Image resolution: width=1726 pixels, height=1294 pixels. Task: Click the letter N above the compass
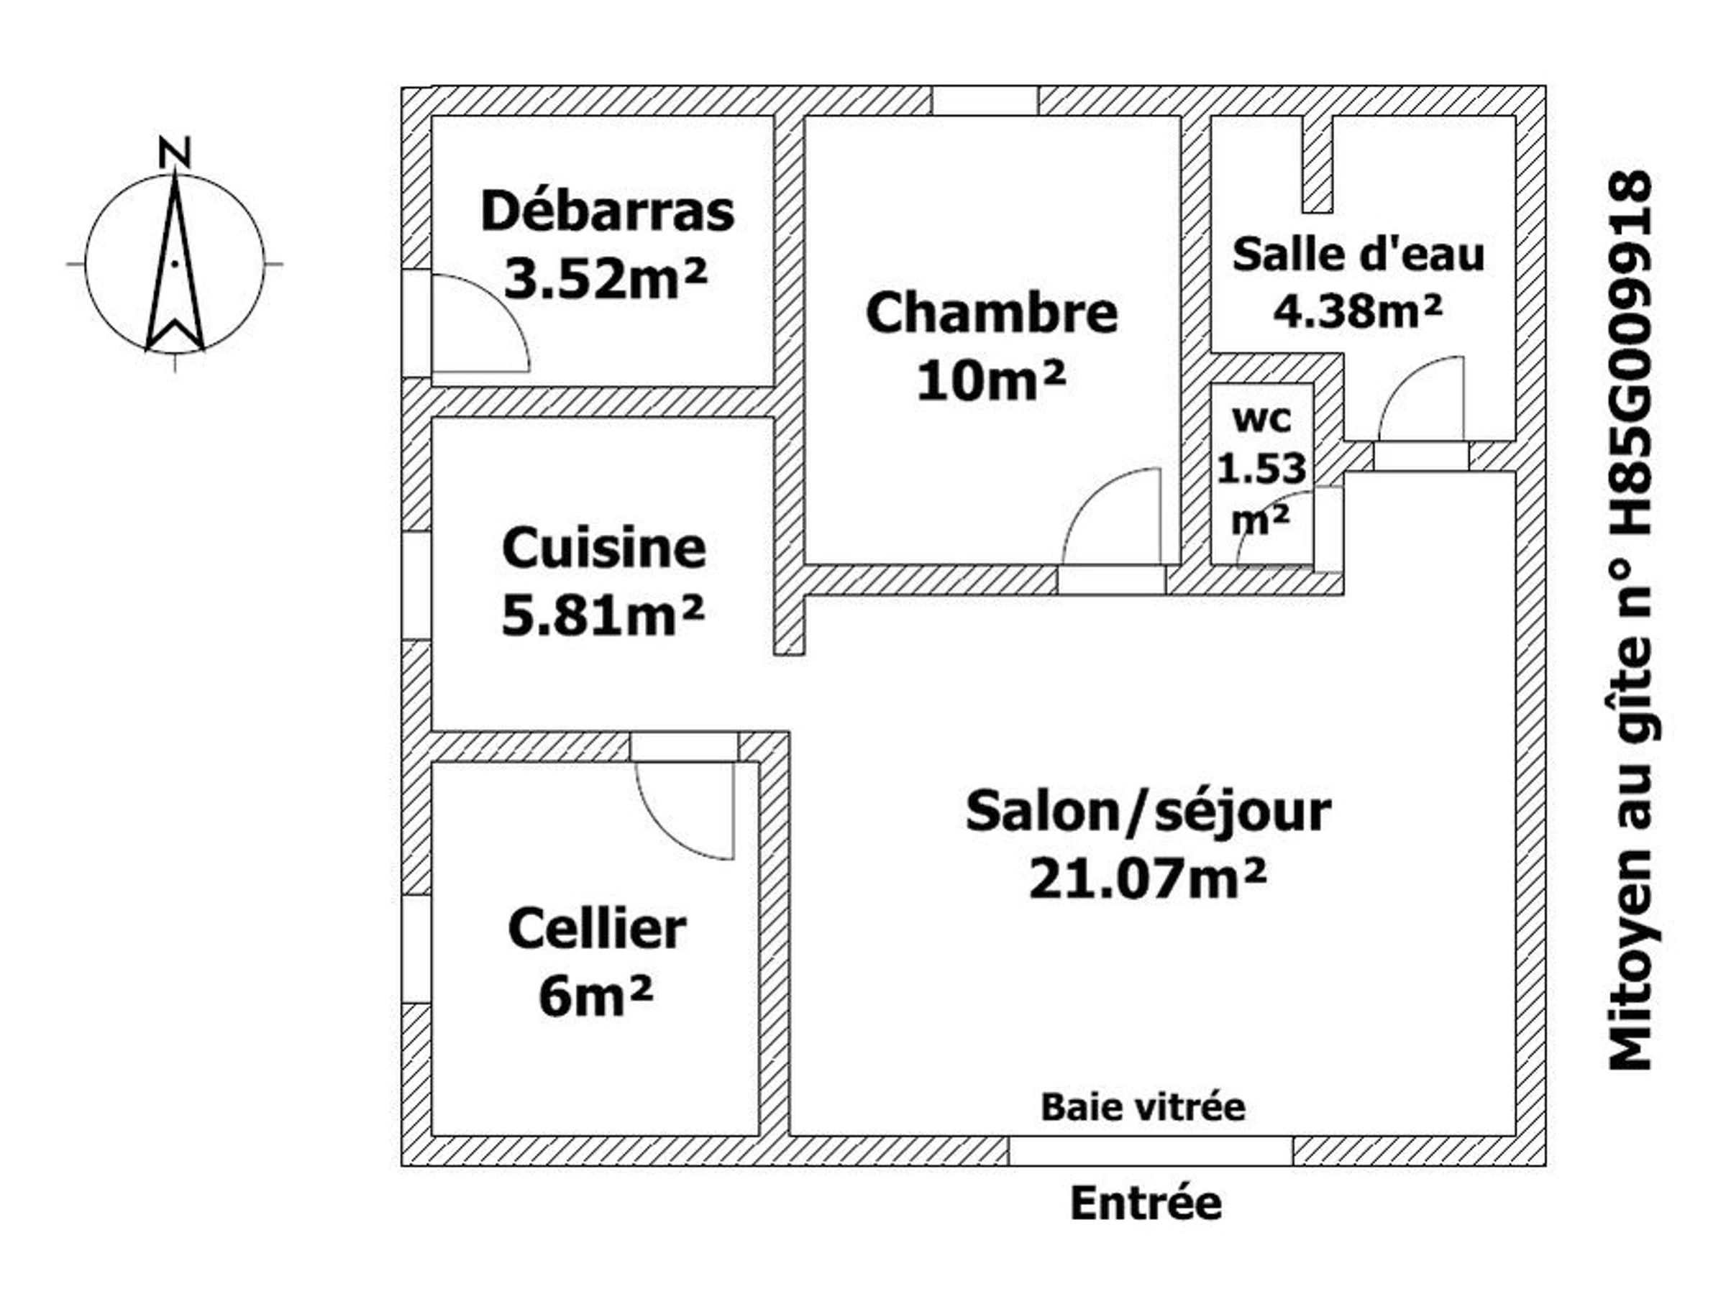[x=175, y=153]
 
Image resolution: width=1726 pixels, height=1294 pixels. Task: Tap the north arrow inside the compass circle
[x=175, y=261]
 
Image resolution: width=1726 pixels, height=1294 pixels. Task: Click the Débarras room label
[x=607, y=211]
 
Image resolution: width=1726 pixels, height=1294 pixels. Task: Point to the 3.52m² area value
[x=606, y=279]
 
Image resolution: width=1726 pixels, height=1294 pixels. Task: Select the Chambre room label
[x=992, y=313]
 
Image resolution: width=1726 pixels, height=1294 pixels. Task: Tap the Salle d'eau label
[x=1359, y=254]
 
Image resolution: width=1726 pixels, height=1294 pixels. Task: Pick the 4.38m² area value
[x=1359, y=310]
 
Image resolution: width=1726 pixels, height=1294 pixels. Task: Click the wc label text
[x=1261, y=420]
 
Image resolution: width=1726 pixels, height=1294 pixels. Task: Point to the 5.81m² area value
[x=603, y=615]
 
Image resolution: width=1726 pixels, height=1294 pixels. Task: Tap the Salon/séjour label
[x=1148, y=812]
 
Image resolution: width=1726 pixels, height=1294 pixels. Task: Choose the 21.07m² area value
[x=1147, y=879]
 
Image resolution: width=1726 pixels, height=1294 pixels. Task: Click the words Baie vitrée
[x=1143, y=1108]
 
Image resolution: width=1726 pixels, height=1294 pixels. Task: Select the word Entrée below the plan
[x=1146, y=1203]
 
